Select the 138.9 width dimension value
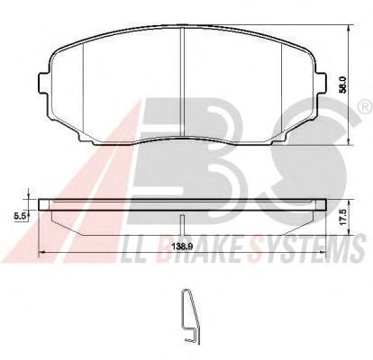point(182,247)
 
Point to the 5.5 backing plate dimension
point(19,215)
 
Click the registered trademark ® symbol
point(366,107)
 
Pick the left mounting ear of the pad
point(44,84)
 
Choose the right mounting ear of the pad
point(320,84)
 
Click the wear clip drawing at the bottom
point(191,316)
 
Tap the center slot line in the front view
point(182,82)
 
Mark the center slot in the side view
point(182,225)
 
